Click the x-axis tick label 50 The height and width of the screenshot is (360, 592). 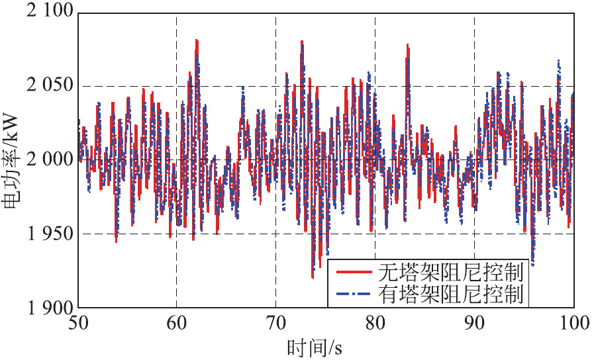[x=78, y=323]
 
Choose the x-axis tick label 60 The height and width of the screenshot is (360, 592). [x=177, y=323]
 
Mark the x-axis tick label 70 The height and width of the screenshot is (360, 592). [x=276, y=323]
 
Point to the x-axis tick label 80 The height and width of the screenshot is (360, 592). [x=375, y=323]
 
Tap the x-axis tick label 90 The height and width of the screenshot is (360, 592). [x=474, y=323]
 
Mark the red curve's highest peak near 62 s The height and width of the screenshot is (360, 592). [x=197, y=40]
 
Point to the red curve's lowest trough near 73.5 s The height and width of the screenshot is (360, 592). [x=313, y=278]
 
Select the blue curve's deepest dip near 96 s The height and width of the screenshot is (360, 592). [x=532, y=265]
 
